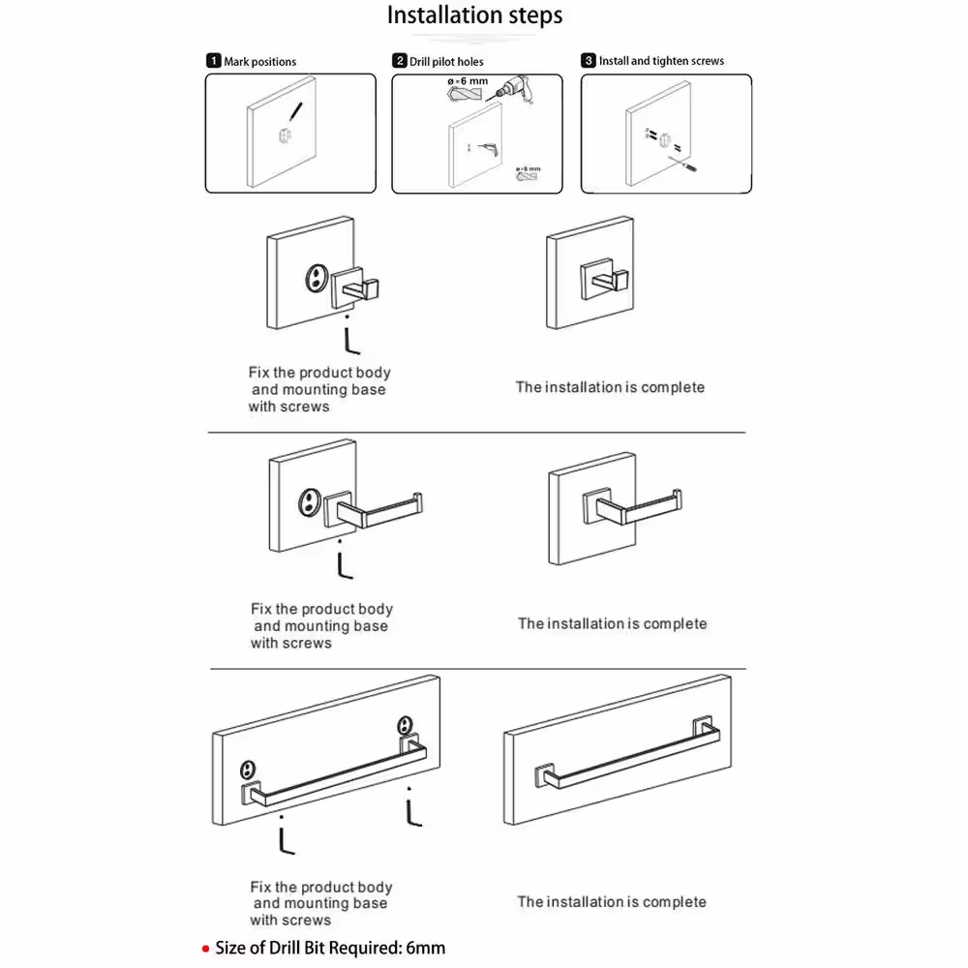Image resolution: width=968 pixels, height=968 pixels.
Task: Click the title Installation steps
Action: (474, 16)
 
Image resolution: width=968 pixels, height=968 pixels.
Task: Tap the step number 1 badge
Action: (213, 61)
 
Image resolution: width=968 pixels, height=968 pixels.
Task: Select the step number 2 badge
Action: (399, 61)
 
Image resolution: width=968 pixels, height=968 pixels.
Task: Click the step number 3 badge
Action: (588, 61)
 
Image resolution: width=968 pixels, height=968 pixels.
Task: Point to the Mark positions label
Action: (259, 62)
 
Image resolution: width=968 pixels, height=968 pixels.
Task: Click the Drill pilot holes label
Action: (446, 62)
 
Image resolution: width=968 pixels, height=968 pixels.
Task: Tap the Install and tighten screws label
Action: (661, 61)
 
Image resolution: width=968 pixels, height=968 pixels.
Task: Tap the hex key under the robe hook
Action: (350, 340)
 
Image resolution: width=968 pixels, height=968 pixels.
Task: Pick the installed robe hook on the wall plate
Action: (599, 279)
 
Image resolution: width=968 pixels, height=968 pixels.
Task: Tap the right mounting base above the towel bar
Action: (404, 725)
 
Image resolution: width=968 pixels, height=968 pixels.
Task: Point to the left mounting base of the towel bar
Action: (249, 771)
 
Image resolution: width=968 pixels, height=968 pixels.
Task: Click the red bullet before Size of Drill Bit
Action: (205, 949)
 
